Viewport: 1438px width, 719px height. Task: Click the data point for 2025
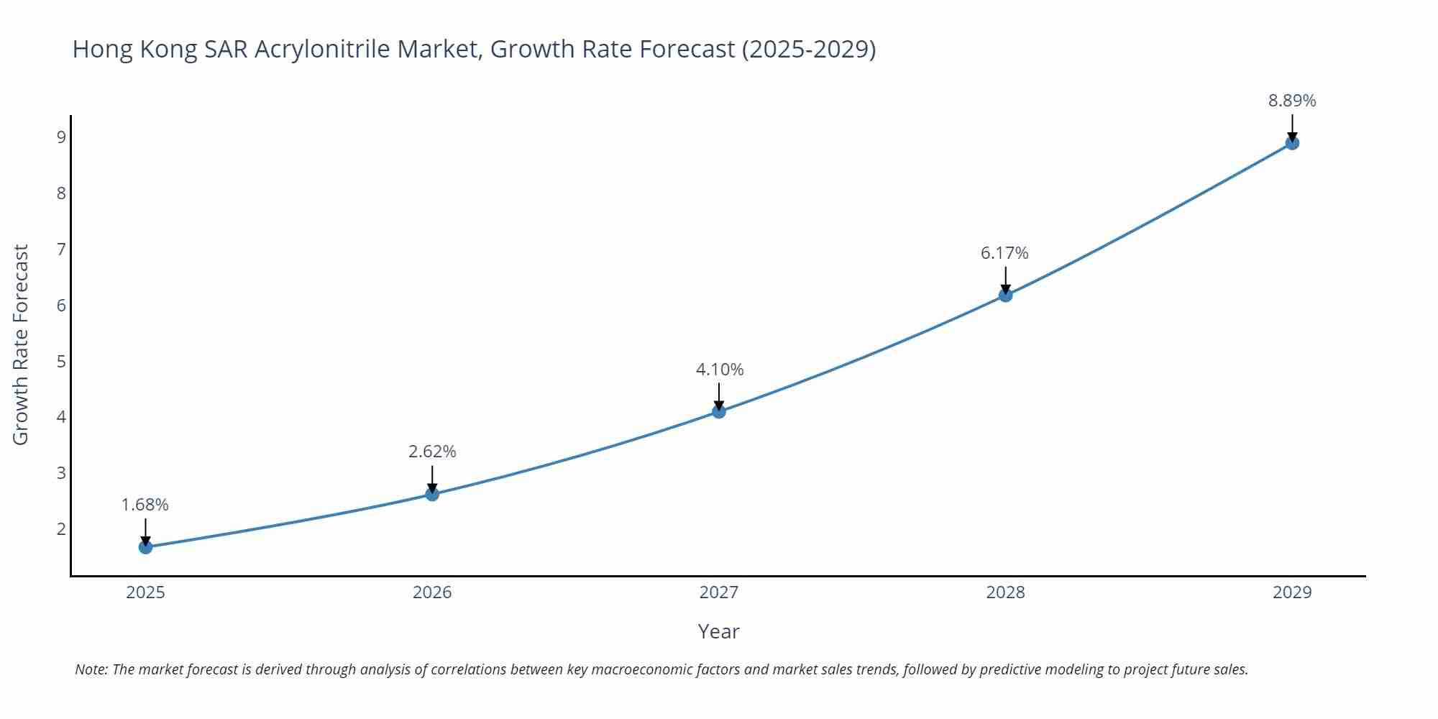point(145,547)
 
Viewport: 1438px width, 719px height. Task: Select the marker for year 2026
point(432,494)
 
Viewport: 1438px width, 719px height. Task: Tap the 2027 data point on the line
point(719,411)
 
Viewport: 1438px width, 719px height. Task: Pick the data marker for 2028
point(1005,295)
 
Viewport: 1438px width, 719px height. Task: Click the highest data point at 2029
point(1292,143)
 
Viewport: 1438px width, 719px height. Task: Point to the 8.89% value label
point(1292,101)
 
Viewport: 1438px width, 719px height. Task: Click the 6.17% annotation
point(1004,253)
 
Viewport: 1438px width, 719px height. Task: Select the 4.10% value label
point(719,370)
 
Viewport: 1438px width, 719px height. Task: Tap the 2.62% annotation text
point(432,452)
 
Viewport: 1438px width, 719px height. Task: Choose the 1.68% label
point(145,505)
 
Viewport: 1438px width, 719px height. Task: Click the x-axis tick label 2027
point(719,592)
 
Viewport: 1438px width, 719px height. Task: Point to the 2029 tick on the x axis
point(1292,592)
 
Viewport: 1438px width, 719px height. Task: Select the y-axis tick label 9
point(61,137)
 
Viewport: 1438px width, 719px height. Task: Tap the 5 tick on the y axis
point(61,361)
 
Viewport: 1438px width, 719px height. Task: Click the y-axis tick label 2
point(61,529)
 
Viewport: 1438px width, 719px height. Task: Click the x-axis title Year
point(718,631)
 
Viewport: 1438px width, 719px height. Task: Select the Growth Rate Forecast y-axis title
point(21,344)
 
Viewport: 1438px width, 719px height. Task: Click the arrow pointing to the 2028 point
point(1005,280)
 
